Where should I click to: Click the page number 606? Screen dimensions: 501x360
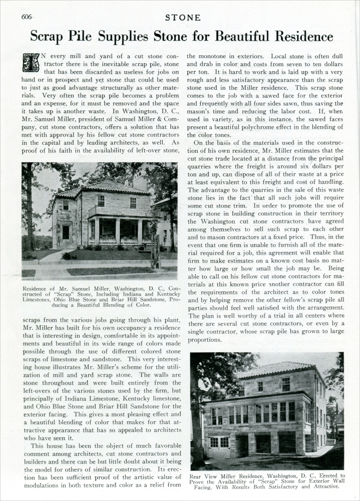pos(27,17)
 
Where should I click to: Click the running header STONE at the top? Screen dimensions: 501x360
pos(184,18)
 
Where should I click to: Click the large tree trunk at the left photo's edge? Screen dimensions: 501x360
pos(29,210)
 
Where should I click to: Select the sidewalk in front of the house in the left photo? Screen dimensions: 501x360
pos(100,267)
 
